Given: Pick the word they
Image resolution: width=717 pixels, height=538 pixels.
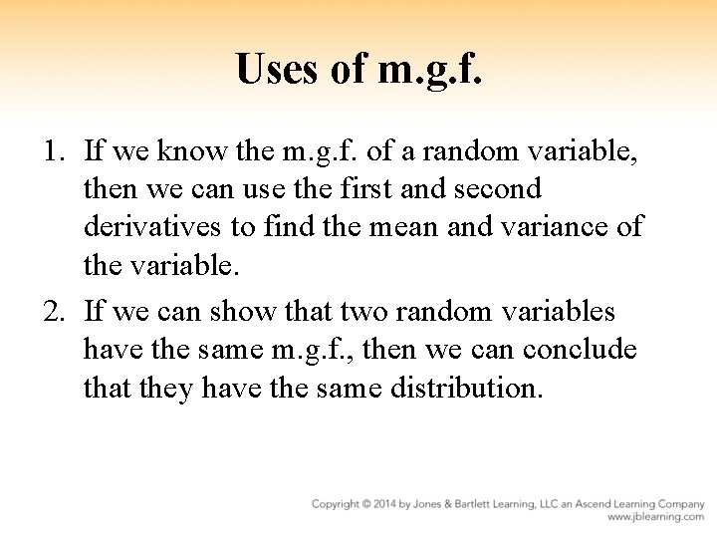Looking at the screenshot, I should point(161,389).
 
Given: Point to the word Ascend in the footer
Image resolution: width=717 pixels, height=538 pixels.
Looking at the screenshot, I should point(610,504).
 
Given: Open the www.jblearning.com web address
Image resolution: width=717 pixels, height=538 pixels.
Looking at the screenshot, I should point(656,518).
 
